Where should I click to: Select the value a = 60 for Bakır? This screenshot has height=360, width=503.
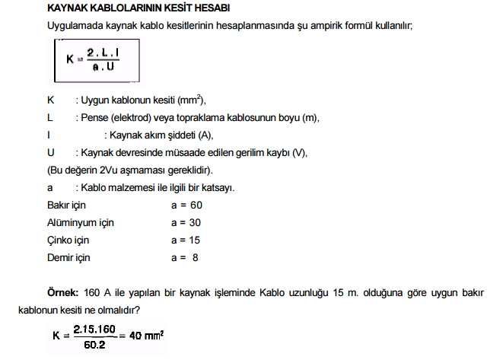click(x=186, y=205)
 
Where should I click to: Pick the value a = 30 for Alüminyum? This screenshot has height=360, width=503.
click(x=186, y=223)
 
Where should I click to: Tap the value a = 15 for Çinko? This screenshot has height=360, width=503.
click(x=186, y=240)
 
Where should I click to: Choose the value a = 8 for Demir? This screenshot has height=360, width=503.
click(x=186, y=257)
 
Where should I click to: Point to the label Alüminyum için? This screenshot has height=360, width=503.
click(x=81, y=223)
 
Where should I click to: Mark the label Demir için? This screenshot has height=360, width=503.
click(x=68, y=257)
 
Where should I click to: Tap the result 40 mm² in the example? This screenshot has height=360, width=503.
click(x=147, y=335)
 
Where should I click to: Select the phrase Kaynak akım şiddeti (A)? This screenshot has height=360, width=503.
click(x=158, y=135)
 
